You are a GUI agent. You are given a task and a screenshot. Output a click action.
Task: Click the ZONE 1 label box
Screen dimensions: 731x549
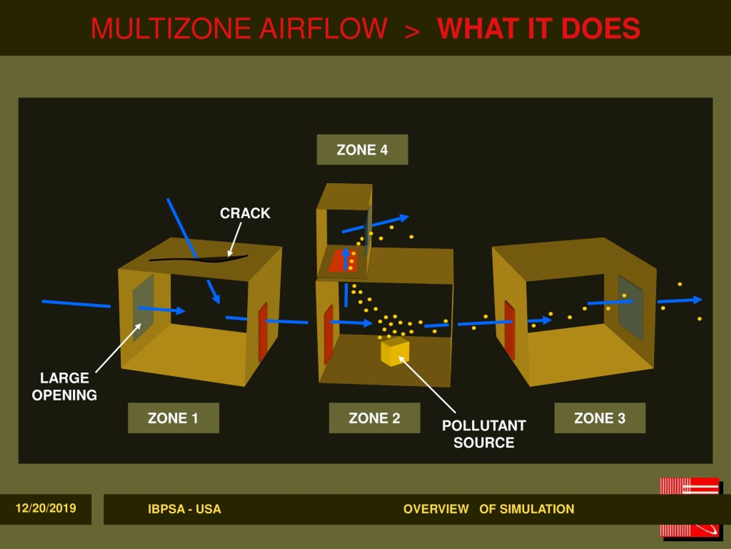click(174, 418)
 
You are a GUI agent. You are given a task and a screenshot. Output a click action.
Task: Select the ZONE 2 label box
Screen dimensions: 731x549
click(374, 418)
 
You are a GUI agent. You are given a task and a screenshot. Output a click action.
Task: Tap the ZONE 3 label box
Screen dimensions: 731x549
click(600, 418)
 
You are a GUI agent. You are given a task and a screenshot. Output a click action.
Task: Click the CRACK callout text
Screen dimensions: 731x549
click(245, 213)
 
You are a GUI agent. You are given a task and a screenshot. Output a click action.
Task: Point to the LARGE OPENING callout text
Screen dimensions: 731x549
click(65, 387)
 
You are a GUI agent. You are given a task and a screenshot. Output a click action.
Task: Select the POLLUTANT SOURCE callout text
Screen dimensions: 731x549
click(484, 434)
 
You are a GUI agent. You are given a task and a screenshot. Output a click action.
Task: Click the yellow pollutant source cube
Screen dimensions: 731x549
click(395, 351)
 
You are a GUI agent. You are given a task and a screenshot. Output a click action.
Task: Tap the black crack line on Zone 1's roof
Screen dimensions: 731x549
click(198, 259)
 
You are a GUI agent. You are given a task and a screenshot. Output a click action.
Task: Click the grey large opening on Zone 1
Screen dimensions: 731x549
click(143, 308)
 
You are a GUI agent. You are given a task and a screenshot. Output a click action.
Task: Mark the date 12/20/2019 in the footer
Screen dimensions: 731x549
click(46, 508)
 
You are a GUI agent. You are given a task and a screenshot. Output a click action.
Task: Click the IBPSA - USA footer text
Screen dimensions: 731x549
click(184, 509)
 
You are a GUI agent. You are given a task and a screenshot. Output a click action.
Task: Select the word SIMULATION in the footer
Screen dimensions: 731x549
click(537, 509)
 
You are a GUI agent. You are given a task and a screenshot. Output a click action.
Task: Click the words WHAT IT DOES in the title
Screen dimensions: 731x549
click(539, 29)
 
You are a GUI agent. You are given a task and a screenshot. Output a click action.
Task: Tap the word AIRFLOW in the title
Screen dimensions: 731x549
click(323, 29)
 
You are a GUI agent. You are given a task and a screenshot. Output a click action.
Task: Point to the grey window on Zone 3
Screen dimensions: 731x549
click(630, 308)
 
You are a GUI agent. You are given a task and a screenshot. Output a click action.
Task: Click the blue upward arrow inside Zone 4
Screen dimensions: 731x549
click(346, 259)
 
